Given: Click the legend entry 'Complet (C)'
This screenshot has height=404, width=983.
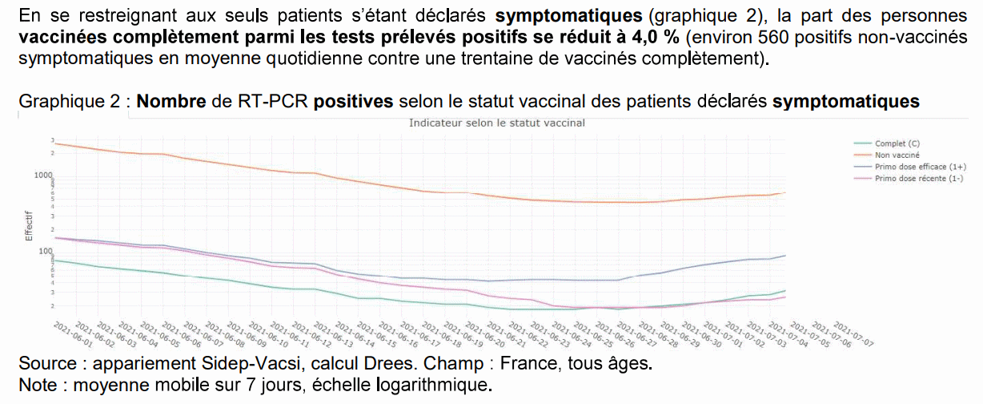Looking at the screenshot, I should (897, 143).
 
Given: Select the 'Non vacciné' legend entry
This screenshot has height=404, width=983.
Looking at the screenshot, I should (897, 155).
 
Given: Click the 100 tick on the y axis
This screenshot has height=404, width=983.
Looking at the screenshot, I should (44, 251).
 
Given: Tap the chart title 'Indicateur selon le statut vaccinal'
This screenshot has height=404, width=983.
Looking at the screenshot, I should (496, 123).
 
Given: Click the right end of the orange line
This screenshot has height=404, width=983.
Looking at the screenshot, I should (784, 192).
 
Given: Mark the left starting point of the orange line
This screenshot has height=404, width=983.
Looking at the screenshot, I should (54, 143).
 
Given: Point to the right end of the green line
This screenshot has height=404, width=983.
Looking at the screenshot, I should (784, 290).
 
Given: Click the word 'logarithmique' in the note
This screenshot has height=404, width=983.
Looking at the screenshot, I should (444, 384).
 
